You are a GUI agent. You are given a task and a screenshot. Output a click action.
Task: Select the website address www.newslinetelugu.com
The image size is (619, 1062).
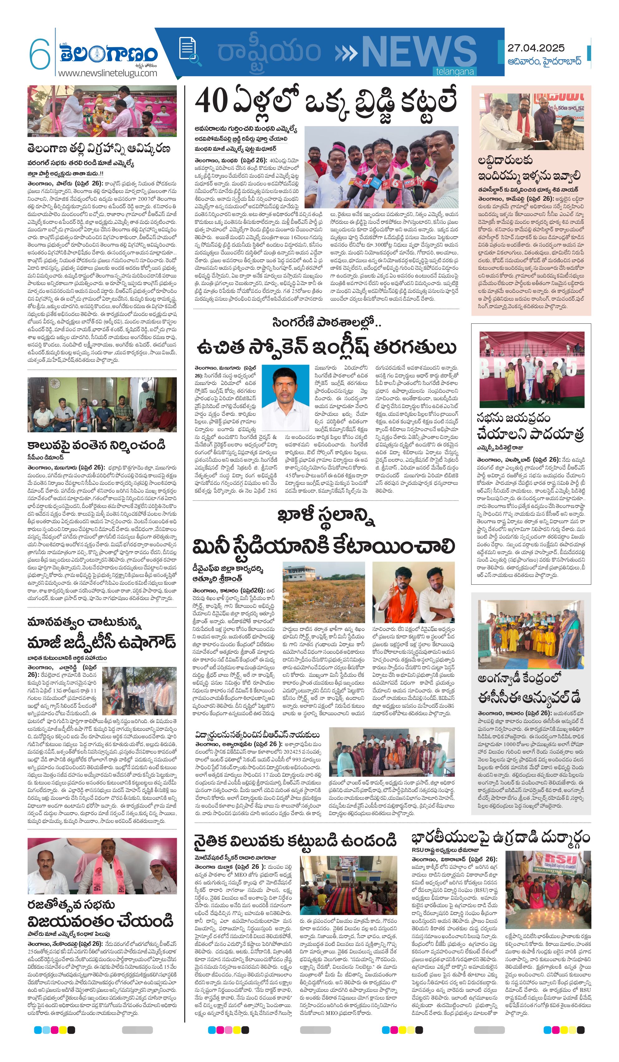tap(107, 73)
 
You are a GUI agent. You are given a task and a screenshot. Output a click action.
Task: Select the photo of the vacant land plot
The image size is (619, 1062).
tap(324, 592)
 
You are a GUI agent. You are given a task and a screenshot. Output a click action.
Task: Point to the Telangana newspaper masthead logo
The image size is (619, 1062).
tap(108, 54)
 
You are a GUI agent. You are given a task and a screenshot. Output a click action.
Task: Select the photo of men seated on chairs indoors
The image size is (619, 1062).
tap(102, 405)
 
